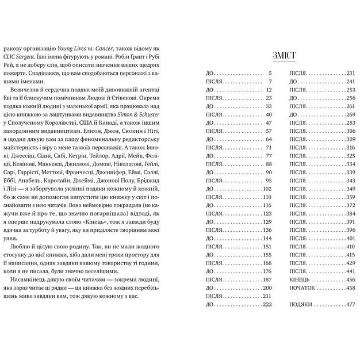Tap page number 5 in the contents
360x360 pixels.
click(x=269, y=73)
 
